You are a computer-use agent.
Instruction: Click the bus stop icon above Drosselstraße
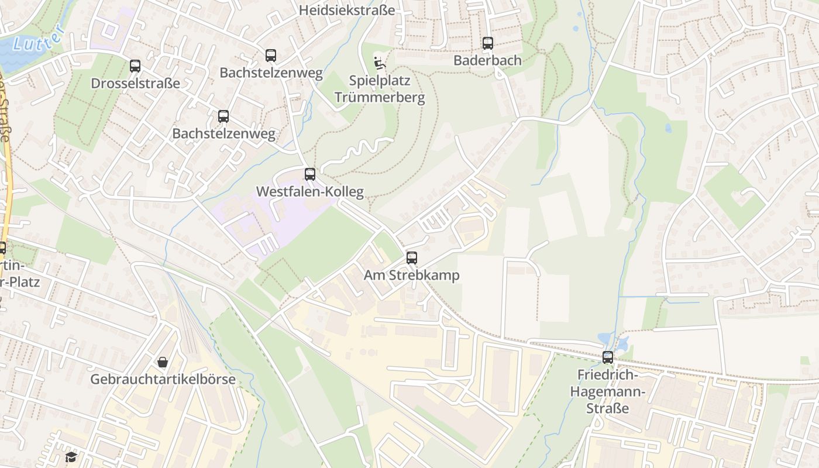point(135,66)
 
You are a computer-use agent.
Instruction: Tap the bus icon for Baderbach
point(487,43)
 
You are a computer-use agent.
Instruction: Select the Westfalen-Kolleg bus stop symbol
point(309,174)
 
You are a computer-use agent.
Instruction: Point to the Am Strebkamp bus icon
point(412,258)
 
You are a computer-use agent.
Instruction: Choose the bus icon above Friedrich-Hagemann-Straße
point(608,357)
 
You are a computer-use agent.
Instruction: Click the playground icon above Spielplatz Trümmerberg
point(380,61)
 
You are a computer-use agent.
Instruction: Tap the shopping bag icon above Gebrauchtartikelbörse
point(163,362)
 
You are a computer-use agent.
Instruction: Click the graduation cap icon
point(71,457)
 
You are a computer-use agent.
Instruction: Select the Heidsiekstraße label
point(346,10)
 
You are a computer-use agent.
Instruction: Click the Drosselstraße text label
point(135,83)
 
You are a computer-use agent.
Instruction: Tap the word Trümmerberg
point(380,97)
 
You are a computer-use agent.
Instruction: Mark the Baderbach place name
point(487,60)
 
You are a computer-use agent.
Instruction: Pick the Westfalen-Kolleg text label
point(309,191)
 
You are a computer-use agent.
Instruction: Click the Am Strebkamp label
point(412,275)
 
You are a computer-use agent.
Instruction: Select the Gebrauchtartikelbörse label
point(163,379)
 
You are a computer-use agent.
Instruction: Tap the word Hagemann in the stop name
point(608,391)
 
